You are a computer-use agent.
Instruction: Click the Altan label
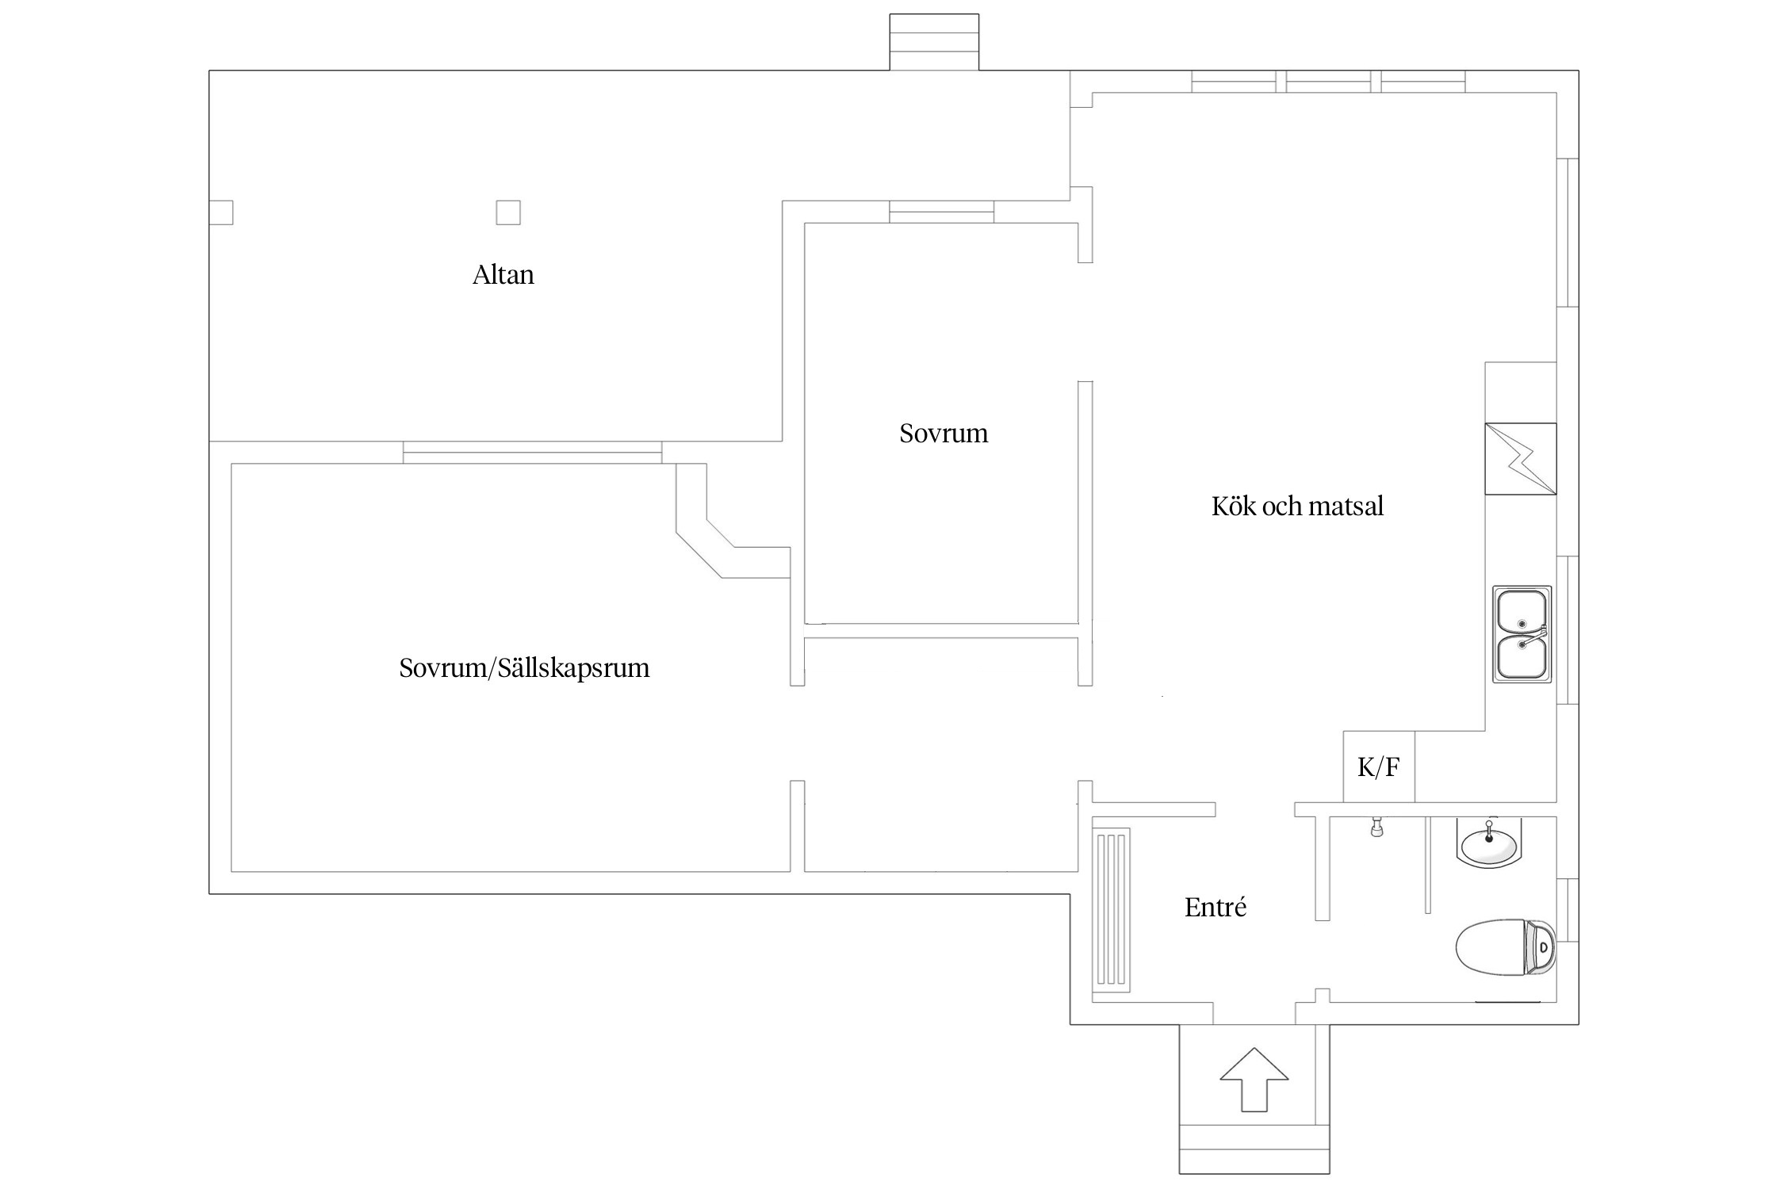click(x=503, y=275)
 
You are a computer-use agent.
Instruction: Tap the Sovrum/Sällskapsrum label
click(x=524, y=668)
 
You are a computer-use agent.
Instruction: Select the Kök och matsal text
click(x=1297, y=507)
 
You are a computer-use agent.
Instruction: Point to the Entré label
click(x=1215, y=907)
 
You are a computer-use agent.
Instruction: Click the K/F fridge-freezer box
click(x=1379, y=767)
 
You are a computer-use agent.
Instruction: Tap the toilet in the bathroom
click(x=1506, y=947)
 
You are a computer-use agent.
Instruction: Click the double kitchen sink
click(x=1522, y=634)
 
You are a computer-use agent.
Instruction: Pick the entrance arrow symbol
click(x=1254, y=1080)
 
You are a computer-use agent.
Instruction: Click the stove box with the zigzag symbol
click(x=1521, y=459)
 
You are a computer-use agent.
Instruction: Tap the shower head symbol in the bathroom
click(x=1377, y=827)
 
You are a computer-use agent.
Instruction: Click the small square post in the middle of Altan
click(x=508, y=212)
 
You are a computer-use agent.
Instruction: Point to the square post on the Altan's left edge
click(x=221, y=212)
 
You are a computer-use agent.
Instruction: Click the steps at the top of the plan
click(x=934, y=42)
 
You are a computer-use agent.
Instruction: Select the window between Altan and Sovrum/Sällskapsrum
click(x=533, y=453)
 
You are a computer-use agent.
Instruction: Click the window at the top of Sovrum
click(x=942, y=212)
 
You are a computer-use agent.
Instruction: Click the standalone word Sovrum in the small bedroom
click(x=944, y=434)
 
